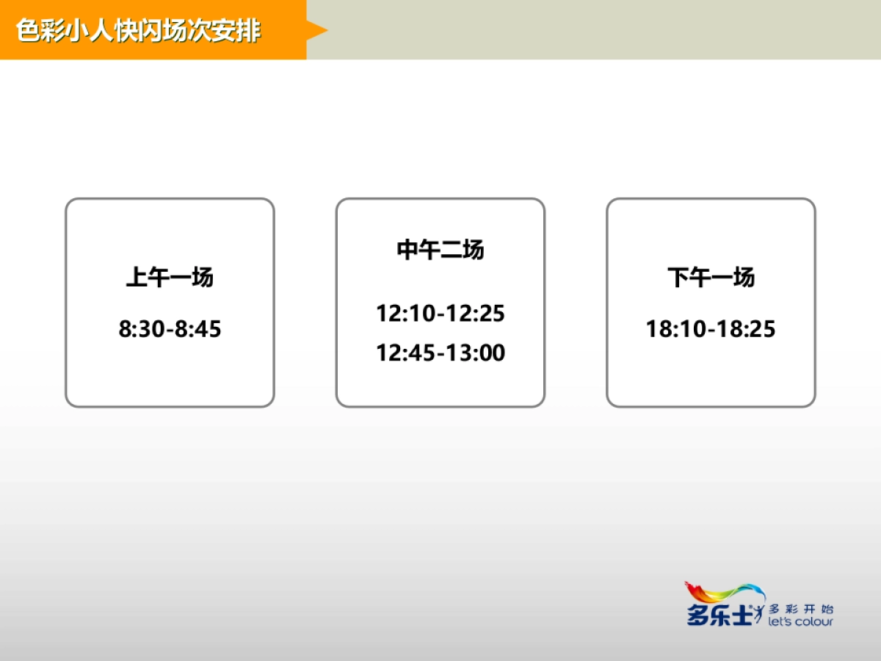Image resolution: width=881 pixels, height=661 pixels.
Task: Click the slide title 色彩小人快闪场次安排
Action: pos(138,31)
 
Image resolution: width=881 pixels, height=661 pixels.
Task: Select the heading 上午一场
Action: pos(170,278)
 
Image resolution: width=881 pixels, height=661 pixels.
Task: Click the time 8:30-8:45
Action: pos(170,329)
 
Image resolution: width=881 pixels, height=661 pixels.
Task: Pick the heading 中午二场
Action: pos(440,250)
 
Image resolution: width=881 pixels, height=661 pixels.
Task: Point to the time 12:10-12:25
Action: pos(440,314)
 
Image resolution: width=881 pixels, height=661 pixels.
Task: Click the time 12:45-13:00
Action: pos(440,353)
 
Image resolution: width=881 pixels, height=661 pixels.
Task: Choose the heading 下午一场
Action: pos(711,278)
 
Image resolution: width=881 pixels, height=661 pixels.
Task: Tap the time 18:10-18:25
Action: pos(711,329)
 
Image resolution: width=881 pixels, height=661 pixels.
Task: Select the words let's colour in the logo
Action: pos(800,622)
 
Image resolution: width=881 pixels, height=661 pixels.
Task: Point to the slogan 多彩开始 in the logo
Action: pos(800,608)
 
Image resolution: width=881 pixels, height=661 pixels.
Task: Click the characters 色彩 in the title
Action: pos(38,31)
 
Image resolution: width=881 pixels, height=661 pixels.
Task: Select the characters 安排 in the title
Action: pos(239,31)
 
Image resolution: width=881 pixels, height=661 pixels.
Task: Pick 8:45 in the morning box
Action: pos(198,329)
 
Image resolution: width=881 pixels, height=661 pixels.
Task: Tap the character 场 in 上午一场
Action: pos(202,278)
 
